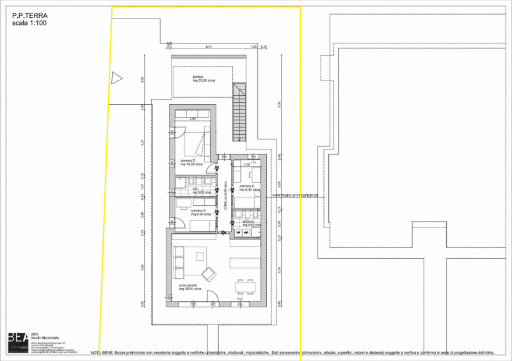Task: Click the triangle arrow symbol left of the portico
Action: click(x=116, y=78)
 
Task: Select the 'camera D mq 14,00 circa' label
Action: click(x=191, y=162)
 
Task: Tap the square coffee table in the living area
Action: click(x=199, y=257)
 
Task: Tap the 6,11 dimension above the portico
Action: click(x=209, y=47)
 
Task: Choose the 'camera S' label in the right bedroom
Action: click(x=247, y=187)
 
